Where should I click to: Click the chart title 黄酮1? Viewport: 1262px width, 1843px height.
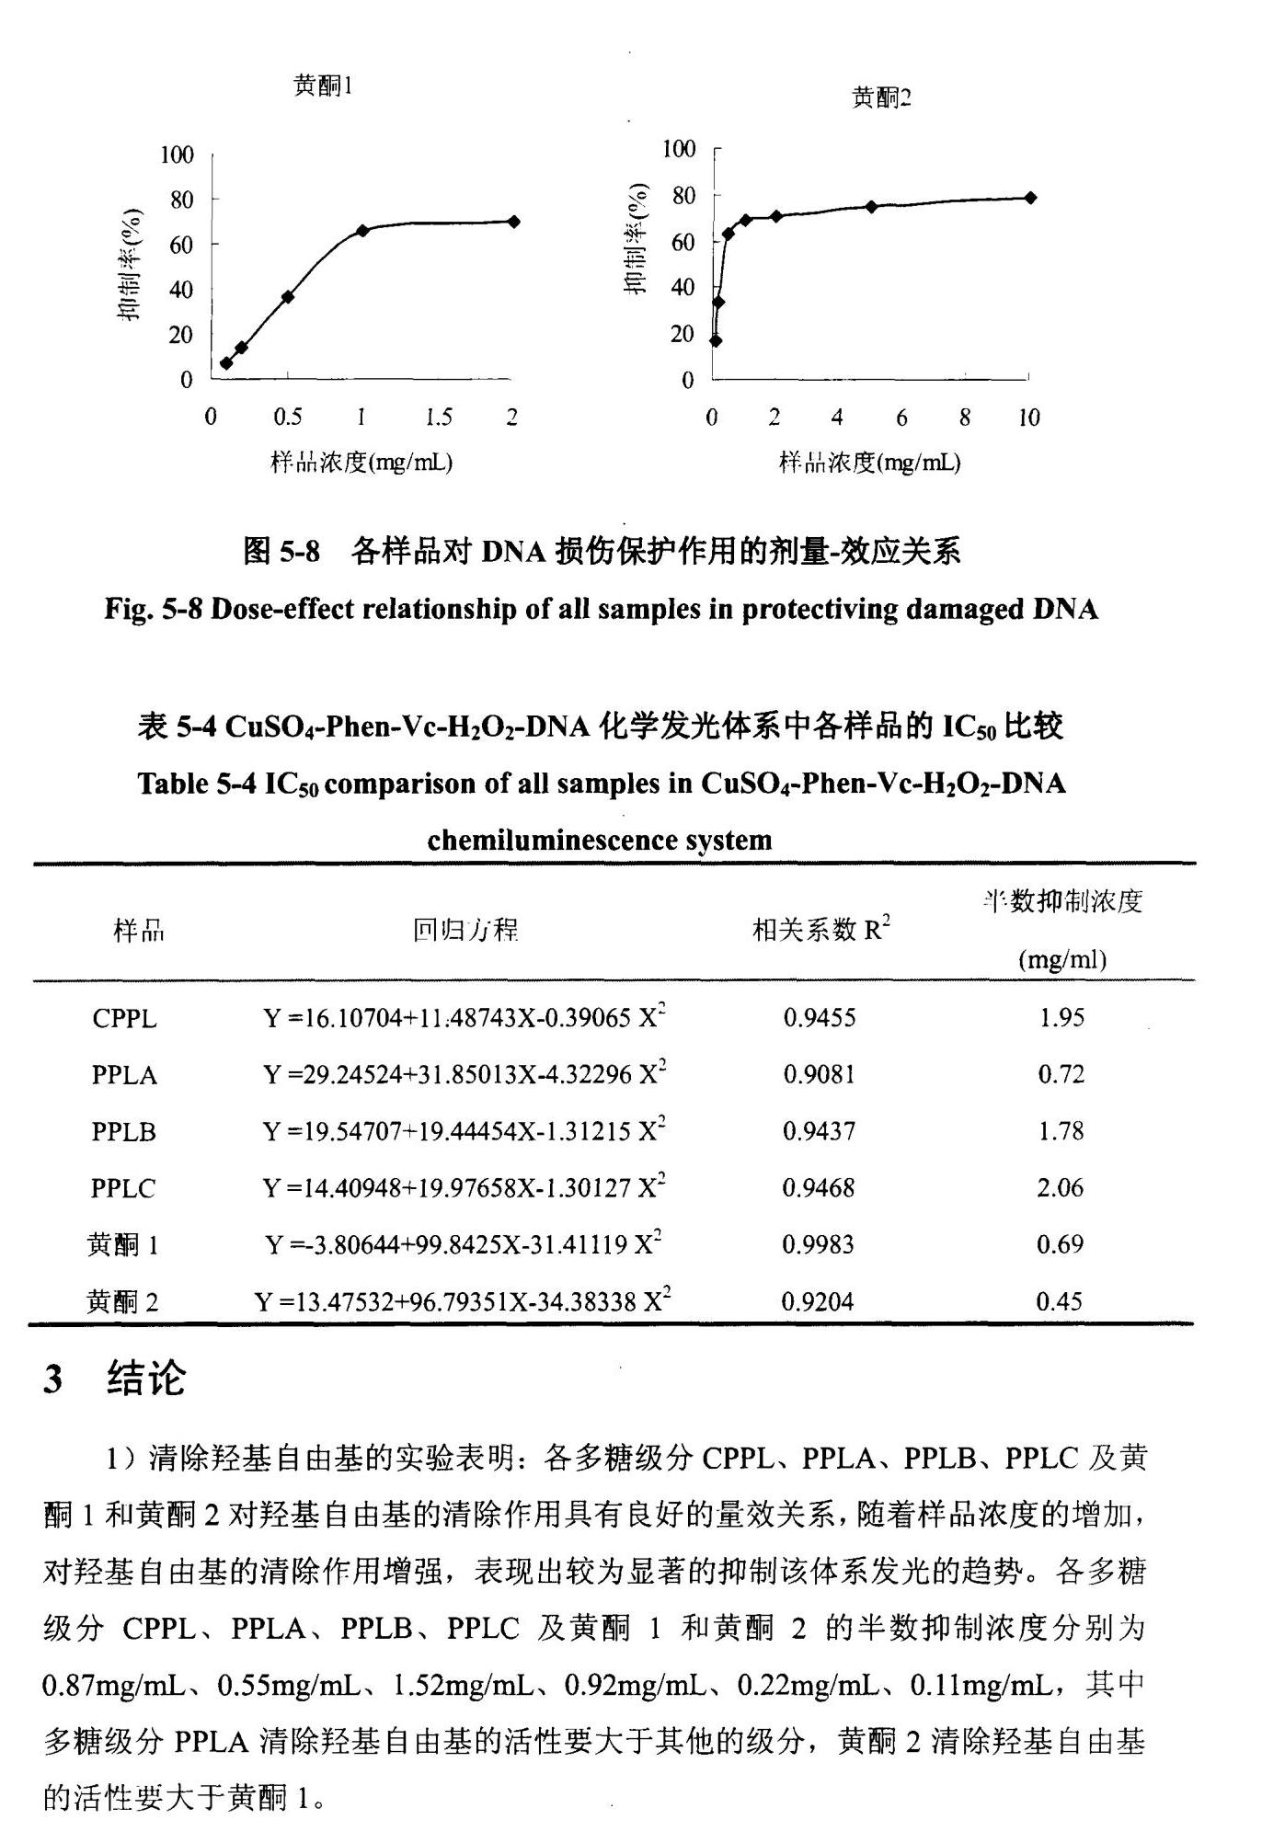pos(323,86)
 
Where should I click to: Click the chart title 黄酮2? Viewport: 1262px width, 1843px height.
pos(881,97)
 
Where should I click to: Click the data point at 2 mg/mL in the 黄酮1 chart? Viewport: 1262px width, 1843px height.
pos(513,222)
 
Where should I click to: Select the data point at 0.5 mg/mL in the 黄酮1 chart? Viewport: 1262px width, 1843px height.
pos(288,297)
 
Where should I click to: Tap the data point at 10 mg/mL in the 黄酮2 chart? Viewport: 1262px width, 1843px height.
pos(1030,198)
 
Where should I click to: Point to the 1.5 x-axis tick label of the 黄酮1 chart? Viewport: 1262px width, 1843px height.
pos(438,418)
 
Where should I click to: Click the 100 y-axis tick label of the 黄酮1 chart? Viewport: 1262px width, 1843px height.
pos(177,155)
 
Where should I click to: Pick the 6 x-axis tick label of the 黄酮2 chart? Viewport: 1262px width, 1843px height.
pos(901,418)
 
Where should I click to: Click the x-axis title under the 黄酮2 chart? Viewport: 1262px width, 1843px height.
pos(869,463)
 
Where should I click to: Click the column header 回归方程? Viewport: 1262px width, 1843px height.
pos(465,931)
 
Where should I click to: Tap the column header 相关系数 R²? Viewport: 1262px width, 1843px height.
pos(820,930)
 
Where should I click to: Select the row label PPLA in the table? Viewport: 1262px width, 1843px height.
pos(124,1075)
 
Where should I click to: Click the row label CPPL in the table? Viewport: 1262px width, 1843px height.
pos(124,1019)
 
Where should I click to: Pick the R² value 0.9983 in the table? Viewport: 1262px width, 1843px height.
pos(818,1245)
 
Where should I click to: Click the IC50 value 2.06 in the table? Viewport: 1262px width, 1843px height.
pos(1061,1188)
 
